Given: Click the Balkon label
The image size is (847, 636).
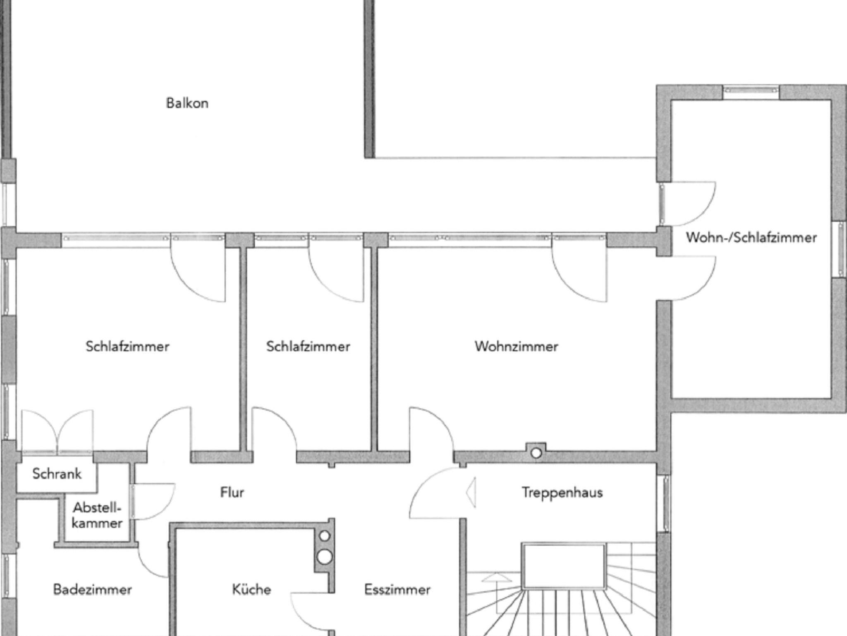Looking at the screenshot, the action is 187,103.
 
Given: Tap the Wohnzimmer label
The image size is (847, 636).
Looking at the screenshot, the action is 516,346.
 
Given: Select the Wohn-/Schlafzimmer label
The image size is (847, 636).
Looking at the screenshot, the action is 751,237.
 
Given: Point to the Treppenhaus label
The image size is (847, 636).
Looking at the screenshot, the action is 562,493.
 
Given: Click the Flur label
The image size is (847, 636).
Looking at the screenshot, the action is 232,492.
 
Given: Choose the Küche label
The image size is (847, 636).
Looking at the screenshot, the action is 251,589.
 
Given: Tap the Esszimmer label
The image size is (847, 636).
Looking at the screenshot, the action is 397,589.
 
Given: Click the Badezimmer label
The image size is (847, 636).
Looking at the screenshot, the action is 92,589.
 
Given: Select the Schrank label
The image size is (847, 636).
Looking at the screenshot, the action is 57,473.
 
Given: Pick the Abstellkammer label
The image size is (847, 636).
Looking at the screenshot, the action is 97,515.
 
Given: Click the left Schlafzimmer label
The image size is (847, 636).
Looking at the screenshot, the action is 127,346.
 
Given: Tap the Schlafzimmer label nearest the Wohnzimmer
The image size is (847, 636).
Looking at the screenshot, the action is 308,346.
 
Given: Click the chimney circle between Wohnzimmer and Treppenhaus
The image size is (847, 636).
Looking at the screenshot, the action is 536,453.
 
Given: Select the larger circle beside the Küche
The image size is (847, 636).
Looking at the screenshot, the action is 325,557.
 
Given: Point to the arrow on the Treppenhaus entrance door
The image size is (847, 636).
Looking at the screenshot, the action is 471,493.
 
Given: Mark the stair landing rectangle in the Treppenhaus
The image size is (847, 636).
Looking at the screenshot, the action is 563,566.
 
